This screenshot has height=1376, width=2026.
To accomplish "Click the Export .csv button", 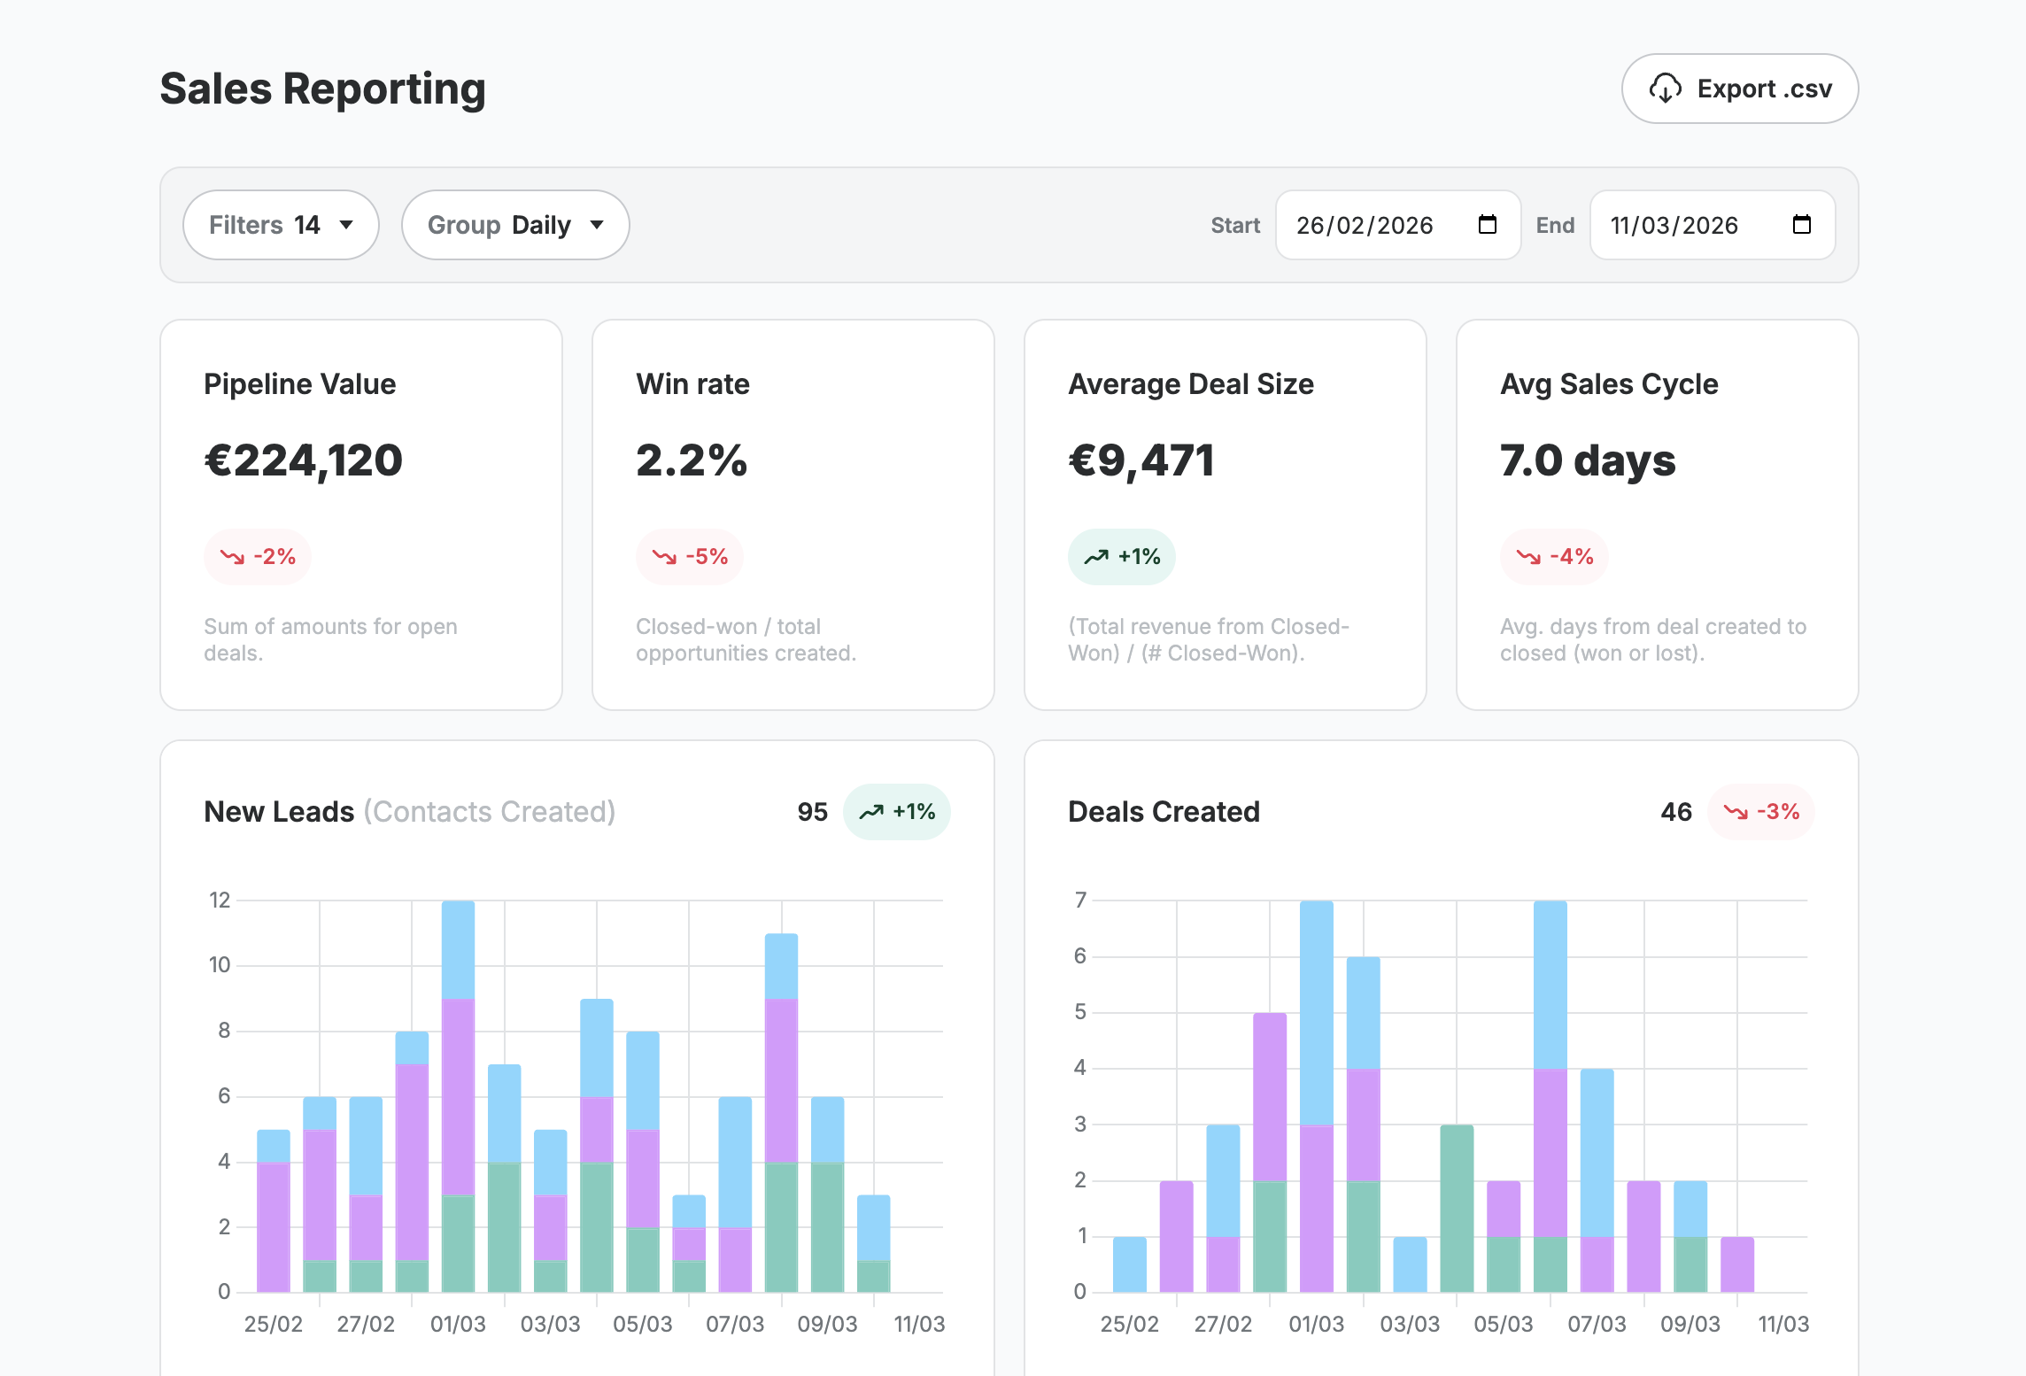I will [1739, 89].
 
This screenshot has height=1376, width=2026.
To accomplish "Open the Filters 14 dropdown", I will [281, 225].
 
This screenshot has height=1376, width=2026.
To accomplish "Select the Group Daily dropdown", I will [514, 225].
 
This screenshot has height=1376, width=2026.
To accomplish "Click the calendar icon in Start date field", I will [1488, 225].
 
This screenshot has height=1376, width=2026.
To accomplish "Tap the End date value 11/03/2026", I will [1674, 226].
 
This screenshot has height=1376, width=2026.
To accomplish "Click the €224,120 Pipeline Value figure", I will [303, 460].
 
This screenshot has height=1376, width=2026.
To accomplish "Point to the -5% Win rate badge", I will [690, 557].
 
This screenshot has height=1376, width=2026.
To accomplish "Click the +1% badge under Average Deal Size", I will [1121, 557].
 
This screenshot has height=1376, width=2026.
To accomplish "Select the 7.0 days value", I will [1587, 460].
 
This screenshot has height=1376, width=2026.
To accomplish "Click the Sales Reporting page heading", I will [322, 89].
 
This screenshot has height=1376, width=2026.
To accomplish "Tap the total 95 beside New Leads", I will [812, 812].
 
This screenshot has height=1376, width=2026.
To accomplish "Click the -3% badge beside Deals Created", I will [1760, 812].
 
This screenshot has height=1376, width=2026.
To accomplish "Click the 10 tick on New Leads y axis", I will [220, 965].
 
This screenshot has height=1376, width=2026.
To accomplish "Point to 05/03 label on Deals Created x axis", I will [1503, 1324].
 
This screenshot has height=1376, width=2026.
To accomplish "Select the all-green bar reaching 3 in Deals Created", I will [1457, 1209].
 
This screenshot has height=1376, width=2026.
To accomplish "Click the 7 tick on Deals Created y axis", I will [1080, 901].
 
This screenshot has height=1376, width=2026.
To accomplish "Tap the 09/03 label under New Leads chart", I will [827, 1324].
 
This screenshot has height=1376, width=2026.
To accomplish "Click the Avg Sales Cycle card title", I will [1608, 384].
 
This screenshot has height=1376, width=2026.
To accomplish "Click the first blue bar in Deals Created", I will [1129, 1264].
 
